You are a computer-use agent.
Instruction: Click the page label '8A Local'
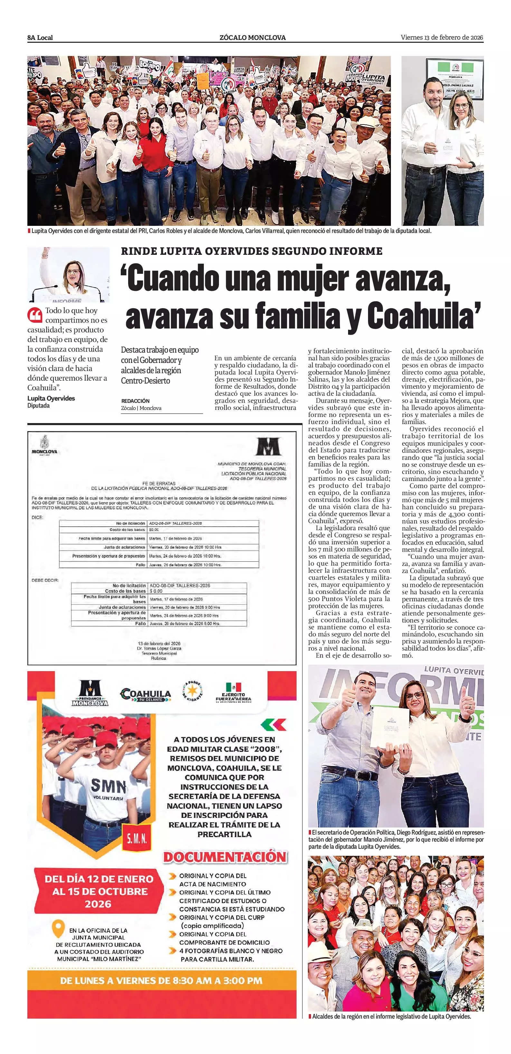point(40,38)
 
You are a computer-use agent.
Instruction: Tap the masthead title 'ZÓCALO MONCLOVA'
point(253,38)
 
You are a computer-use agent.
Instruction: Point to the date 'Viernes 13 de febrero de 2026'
point(442,38)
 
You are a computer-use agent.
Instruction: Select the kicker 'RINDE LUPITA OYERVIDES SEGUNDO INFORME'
point(251,251)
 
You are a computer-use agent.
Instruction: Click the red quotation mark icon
point(35,315)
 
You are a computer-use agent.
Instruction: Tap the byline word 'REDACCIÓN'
point(136,401)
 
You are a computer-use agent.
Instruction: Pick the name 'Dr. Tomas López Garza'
point(159,648)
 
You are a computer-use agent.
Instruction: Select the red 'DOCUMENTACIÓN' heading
point(225,857)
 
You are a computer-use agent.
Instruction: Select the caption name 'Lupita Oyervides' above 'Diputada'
point(51,398)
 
